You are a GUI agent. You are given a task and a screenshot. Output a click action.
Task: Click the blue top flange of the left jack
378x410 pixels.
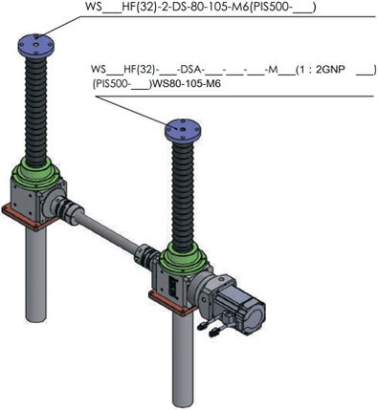point(36,45)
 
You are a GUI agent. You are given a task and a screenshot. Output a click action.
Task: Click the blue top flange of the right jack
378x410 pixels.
point(183,131)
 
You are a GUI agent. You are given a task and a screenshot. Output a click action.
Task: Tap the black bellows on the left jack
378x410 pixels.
point(36,112)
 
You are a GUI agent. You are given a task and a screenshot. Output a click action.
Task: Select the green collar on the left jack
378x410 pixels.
point(35,174)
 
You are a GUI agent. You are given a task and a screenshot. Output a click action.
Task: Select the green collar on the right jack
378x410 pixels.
point(184,259)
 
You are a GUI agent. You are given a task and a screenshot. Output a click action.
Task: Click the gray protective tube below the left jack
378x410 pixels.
point(35,274)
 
